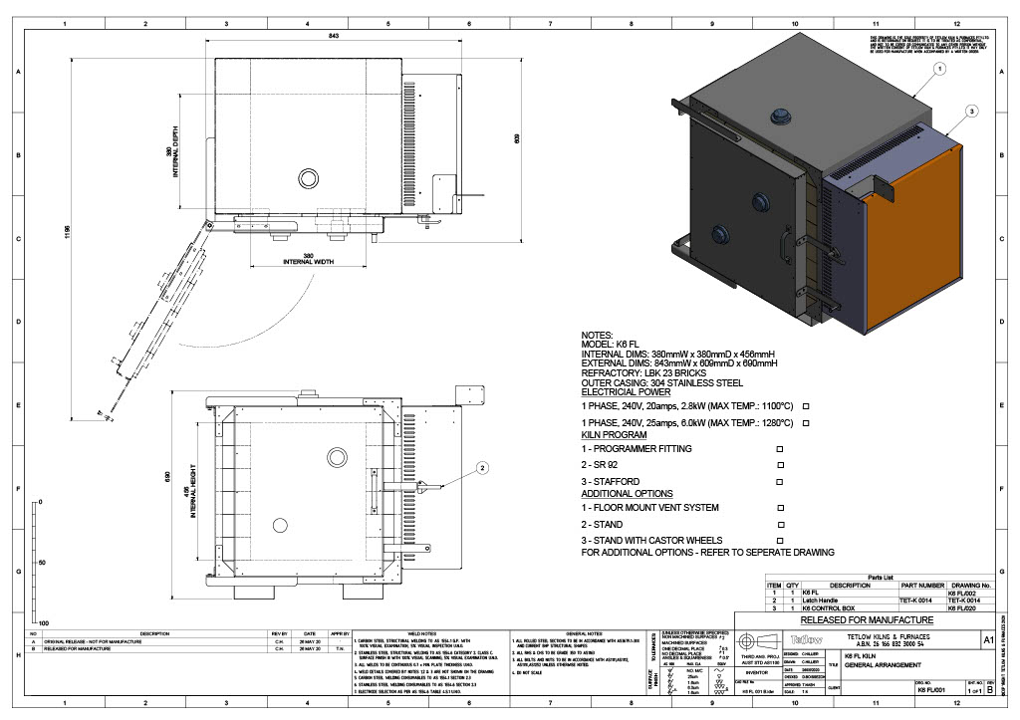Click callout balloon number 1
(939, 69)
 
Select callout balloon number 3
(972, 112)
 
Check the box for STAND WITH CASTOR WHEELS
(780, 540)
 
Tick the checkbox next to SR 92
(780, 465)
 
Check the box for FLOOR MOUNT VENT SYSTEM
(780, 508)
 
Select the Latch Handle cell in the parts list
(833, 601)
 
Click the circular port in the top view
(307, 178)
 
